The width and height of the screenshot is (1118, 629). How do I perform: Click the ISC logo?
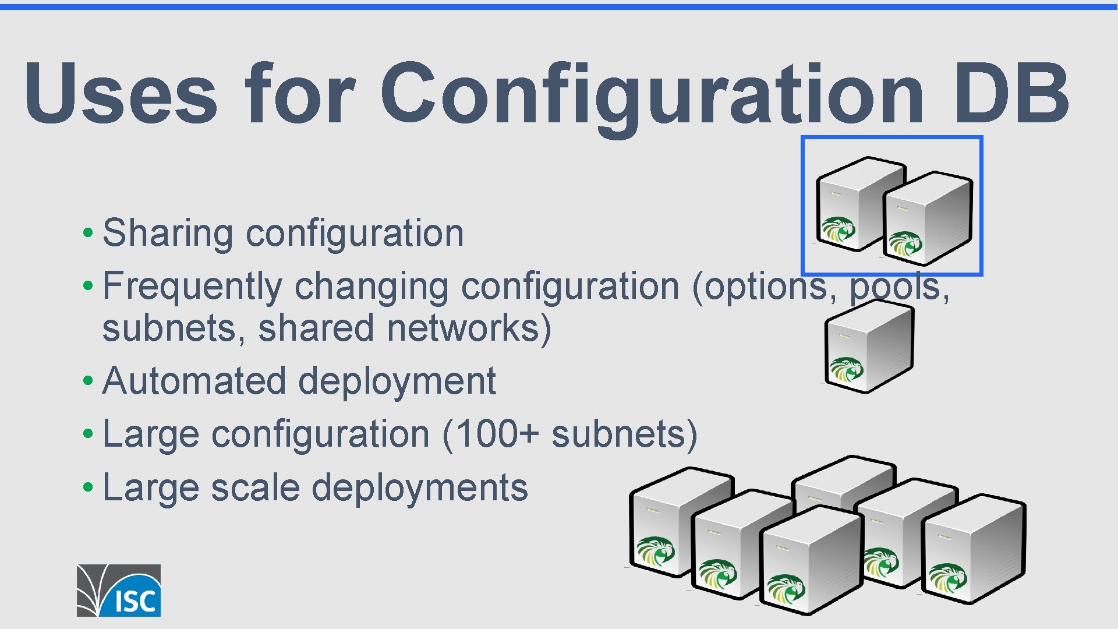(119, 590)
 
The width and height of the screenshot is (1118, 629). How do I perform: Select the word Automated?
(194, 381)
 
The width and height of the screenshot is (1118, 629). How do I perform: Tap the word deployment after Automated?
(397, 382)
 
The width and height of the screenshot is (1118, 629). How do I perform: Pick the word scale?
(255, 487)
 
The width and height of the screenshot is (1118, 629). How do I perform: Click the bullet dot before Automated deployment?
(87, 381)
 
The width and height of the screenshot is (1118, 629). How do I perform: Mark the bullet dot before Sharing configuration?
(87, 234)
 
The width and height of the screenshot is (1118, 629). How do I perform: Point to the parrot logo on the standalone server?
(846, 369)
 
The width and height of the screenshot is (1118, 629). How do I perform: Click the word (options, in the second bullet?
(765, 287)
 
